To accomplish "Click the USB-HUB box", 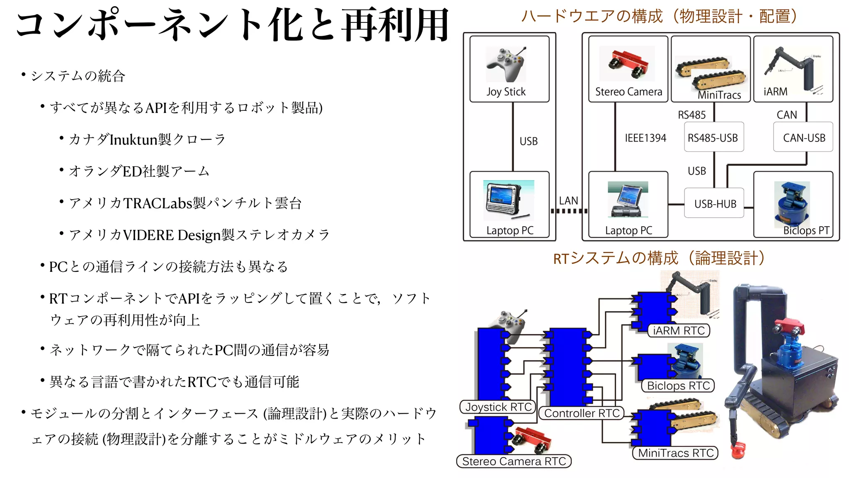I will [714, 203].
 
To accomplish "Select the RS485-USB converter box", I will [713, 137].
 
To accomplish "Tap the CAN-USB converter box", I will [803, 137].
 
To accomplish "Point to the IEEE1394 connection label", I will [645, 138].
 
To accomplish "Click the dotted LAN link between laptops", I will [569, 211].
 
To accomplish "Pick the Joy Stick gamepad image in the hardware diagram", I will [506, 64].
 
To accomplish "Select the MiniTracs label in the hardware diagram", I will [719, 95].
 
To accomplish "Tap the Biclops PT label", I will [806, 230].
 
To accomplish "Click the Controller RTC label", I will [582, 413].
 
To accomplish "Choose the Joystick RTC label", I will [498, 407].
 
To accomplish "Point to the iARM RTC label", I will [679, 331].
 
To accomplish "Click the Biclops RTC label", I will [678, 386].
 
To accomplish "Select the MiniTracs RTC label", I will [675, 453].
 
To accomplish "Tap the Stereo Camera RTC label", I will [514, 461].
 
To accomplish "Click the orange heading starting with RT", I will [659, 258].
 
